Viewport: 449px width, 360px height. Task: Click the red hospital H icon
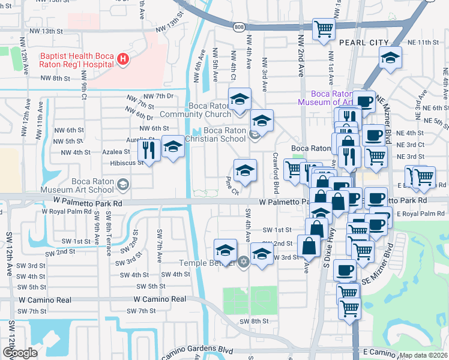coord(122,59)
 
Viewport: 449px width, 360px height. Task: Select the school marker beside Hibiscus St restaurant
coord(173,146)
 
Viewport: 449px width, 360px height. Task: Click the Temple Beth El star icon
coord(243,262)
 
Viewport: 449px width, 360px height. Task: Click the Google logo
coord(20,353)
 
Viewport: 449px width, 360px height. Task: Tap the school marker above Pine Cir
coord(244,171)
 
